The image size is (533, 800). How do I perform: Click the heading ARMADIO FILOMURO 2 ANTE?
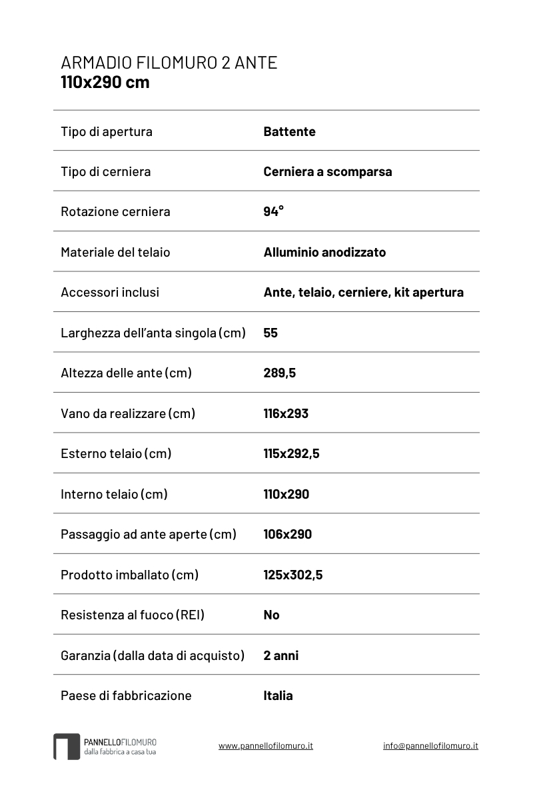pyautogui.click(x=169, y=63)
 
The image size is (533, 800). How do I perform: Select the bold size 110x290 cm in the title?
pyautogui.click(x=105, y=83)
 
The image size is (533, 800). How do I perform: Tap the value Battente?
pyautogui.click(x=289, y=131)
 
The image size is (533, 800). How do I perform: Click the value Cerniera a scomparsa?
pyautogui.click(x=327, y=171)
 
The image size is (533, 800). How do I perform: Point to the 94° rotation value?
pyautogui.click(x=273, y=211)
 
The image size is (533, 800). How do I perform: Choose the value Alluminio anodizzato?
pyautogui.click(x=324, y=252)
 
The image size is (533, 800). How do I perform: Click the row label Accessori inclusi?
pyautogui.click(x=110, y=292)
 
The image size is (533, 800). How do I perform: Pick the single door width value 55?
pyautogui.click(x=270, y=333)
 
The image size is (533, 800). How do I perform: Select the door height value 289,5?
pyautogui.click(x=279, y=373)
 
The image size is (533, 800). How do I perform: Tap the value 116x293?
pyautogui.click(x=286, y=413)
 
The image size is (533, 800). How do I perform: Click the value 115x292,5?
pyautogui.click(x=291, y=453)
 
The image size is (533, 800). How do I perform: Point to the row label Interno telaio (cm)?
pyautogui.click(x=114, y=494)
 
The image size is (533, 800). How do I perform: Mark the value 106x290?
pyautogui.click(x=287, y=534)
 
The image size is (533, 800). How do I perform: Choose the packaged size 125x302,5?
pyautogui.click(x=292, y=575)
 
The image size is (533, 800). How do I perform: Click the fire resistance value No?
pyautogui.click(x=271, y=615)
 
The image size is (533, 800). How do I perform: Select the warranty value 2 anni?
pyautogui.click(x=280, y=655)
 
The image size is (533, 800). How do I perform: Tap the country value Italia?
pyautogui.click(x=278, y=695)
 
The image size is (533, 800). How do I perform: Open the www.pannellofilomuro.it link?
pyautogui.click(x=265, y=746)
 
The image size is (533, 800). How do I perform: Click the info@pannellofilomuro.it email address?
pyautogui.click(x=430, y=746)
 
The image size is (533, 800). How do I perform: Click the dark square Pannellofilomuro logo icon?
pyautogui.click(x=67, y=747)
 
